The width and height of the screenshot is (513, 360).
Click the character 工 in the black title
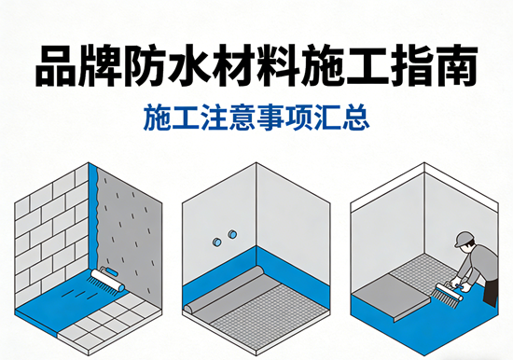(367, 65)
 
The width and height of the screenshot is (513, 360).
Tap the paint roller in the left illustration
(108, 279)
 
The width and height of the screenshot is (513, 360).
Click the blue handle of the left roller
(112, 271)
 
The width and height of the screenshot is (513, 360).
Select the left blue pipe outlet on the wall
(217, 242)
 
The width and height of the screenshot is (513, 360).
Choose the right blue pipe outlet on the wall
(232, 234)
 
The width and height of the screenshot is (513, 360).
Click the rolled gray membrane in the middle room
(223, 288)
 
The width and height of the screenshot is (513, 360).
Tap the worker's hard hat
(464, 239)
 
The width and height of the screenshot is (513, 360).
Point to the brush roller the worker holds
(450, 292)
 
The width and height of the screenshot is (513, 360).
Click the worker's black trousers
(491, 293)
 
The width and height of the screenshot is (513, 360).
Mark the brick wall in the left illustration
(51, 236)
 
